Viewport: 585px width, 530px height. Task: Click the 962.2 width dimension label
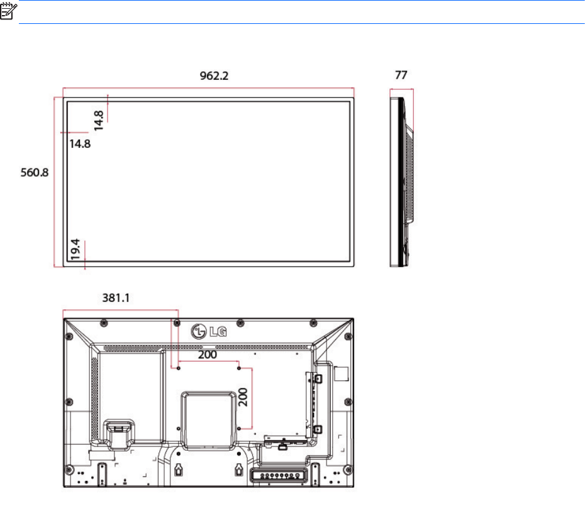coord(214,75)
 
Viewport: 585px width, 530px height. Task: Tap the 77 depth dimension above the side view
coord(401,75)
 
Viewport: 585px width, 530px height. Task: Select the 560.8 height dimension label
coord(35,172)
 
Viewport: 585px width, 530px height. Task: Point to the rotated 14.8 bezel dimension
coord(99,121)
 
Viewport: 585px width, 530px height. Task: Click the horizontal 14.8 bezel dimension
coord(80,143)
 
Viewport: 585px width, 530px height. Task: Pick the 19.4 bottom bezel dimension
coord(75,249)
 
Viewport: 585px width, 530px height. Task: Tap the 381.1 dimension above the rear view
coord(116,297)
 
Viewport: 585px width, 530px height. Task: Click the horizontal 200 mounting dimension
coord(208,355)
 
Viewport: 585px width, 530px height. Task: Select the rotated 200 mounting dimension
coord(243,397)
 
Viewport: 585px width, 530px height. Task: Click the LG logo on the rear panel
coord(209,331)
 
